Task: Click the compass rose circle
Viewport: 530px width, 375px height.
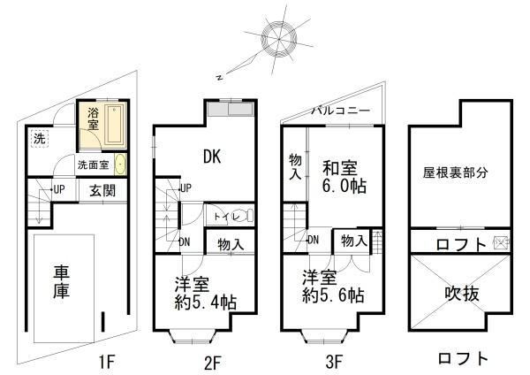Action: click(279, 25)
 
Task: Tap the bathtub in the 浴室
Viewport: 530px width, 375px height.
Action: click(115, 125)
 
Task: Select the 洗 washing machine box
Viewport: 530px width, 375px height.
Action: click(40, 139)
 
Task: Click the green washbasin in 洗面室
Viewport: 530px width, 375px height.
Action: click(120, 165)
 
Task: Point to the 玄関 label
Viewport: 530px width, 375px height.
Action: click(102, 191)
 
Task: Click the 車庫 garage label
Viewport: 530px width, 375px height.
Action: click(61, 282)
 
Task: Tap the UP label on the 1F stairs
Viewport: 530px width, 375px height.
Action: click(59, 189)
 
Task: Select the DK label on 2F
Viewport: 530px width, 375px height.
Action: click(212, 157)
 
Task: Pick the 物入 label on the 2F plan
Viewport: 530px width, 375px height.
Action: click(231, 244)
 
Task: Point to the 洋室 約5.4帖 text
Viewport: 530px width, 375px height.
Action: click(205, 293)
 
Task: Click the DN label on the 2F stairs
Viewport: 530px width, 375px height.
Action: click(184, 242)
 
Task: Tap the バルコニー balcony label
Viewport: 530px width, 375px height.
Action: click(341, 111)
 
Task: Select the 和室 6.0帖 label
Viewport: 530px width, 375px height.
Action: click(344, 177)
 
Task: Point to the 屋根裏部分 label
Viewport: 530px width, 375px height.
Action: click(455, 172)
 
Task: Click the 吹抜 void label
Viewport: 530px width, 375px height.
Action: click(462, 294)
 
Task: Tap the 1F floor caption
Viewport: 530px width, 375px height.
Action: click(107, 362)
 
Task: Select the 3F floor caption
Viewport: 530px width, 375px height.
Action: click(334, 362)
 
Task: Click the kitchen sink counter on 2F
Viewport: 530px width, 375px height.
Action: click(231, 109)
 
